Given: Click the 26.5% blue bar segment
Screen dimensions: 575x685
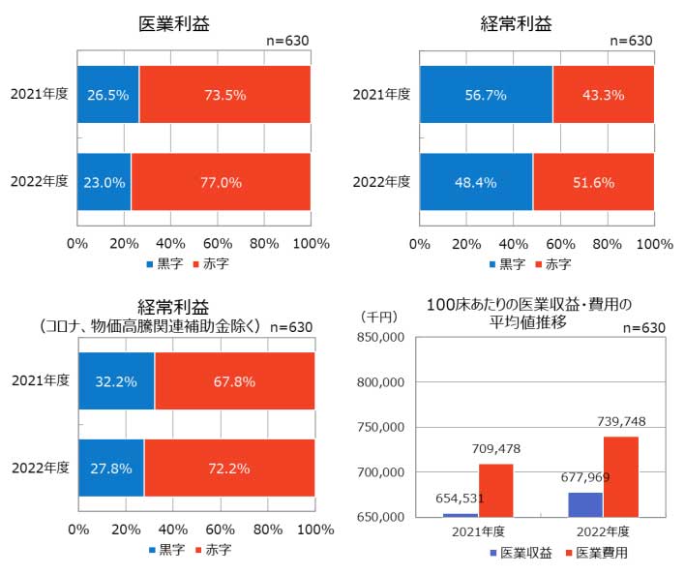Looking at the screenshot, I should click(x=107, y=95).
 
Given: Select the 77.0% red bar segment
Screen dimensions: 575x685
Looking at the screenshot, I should click(x=221, y=181).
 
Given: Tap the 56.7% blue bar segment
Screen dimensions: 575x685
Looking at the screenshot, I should click(x=486, y=95).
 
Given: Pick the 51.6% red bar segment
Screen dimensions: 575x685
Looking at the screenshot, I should click(x=593, y=181).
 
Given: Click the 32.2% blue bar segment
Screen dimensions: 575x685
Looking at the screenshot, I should click(x=116, y=381).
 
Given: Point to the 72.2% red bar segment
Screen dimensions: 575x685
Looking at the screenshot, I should click(x=228, y=468).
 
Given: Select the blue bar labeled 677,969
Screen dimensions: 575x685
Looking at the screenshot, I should click(x=585, y=504).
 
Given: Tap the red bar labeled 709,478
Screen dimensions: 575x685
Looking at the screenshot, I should click(x=495, y=490).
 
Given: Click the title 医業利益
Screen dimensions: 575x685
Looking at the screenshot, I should click(x=174, y=23).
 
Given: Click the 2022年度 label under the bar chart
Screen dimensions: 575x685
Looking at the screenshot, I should click(x=603, y=531).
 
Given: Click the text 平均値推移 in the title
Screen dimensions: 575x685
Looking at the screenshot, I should click(x=529, y=322).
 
